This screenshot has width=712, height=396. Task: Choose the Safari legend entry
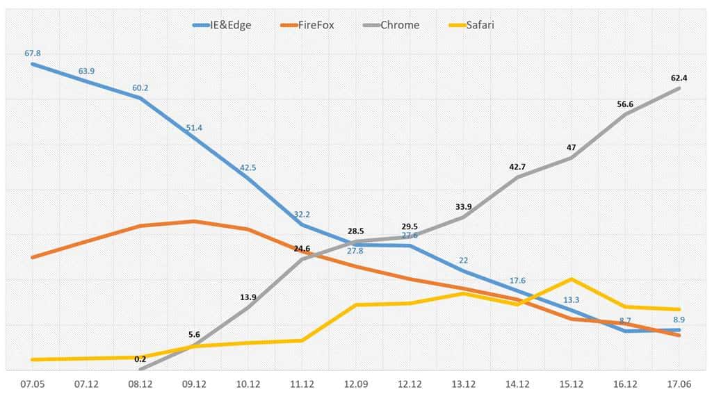click(478, 25)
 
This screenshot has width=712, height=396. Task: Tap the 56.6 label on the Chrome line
click(626, 104)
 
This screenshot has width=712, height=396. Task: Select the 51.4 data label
click(194, 128)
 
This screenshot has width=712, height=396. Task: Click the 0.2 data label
click(140, 359)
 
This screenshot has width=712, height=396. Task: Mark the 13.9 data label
click(248, 297)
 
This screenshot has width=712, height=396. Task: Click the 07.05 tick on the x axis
click(32, 383)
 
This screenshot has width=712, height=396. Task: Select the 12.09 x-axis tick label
click(356, 383)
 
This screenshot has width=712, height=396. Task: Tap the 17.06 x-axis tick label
click(679, 383)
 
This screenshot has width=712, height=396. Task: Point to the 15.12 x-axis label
click(572, 383)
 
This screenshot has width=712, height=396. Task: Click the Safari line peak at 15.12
click(572, 279)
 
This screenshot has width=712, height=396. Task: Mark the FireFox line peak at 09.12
click(194, 221)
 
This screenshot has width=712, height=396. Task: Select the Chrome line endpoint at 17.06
click(679, 88)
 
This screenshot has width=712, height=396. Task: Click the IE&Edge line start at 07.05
click(32, 64)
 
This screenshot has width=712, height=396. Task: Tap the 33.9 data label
click(464, 206)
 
